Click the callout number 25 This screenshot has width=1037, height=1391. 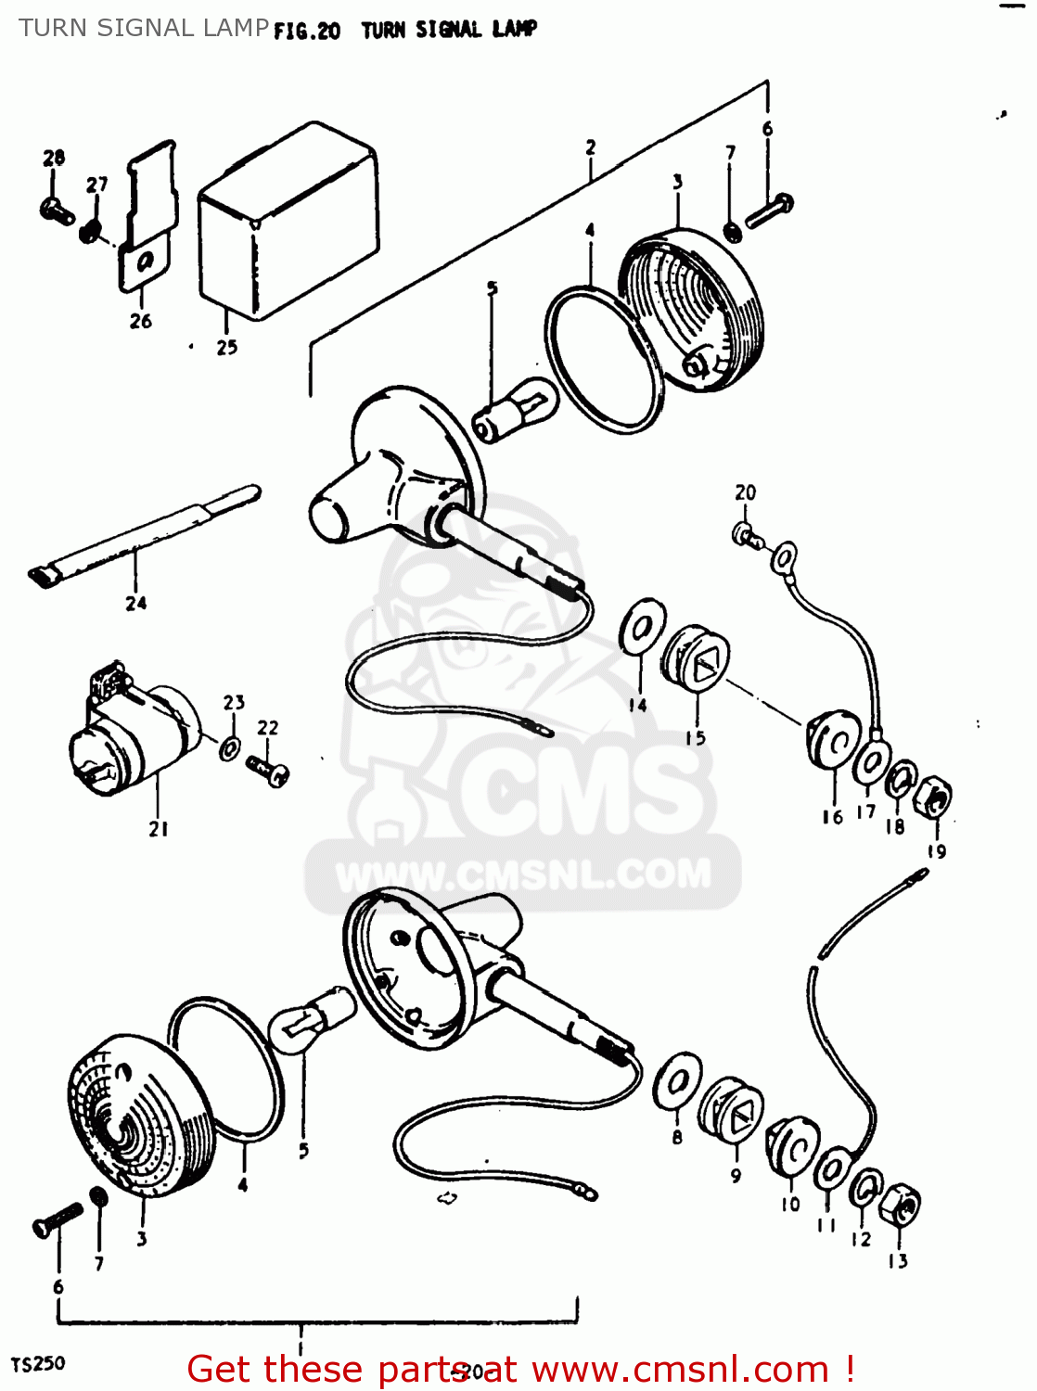(227, 348)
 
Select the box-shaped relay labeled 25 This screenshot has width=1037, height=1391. (288, 223)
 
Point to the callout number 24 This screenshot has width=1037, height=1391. (136, 603)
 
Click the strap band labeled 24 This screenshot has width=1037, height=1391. (144, 538)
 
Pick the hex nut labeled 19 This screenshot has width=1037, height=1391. (934, 798)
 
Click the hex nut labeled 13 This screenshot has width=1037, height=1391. (899, 1206)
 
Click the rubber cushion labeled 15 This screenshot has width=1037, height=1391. (698, 659)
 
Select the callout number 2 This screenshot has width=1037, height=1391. (591, 147)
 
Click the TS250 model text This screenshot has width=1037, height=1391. (38, 1364)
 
